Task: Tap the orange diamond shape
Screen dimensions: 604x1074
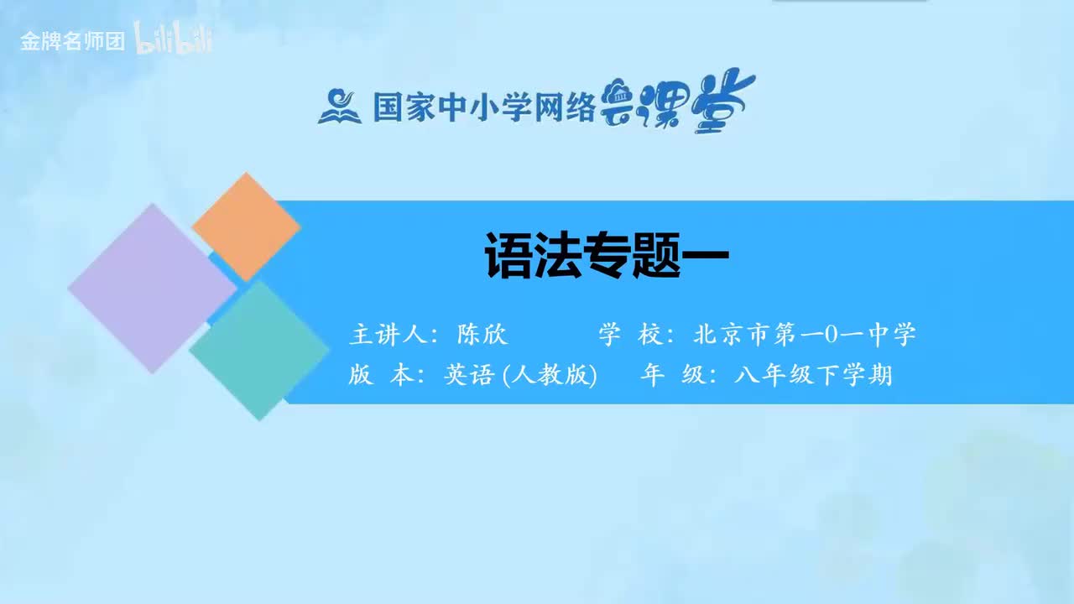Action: click(x=246, y=226)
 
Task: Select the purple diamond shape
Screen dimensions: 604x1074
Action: click(x=152, y=288)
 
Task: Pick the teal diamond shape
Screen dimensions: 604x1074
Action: click(x=258, y=350)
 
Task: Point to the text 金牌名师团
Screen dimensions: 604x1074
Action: click(x=72, y=42)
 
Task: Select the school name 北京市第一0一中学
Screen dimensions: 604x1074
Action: click(x=804, y=335)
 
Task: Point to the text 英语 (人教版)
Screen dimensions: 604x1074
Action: click(x=519, y=376)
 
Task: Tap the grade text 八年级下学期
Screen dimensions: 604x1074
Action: click(x=812, y=376)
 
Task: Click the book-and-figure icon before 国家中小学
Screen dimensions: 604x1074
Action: click(x=339, y=106)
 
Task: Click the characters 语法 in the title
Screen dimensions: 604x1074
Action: click(x=532, y=256)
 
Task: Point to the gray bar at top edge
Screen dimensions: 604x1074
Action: click(x=849, y=2)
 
